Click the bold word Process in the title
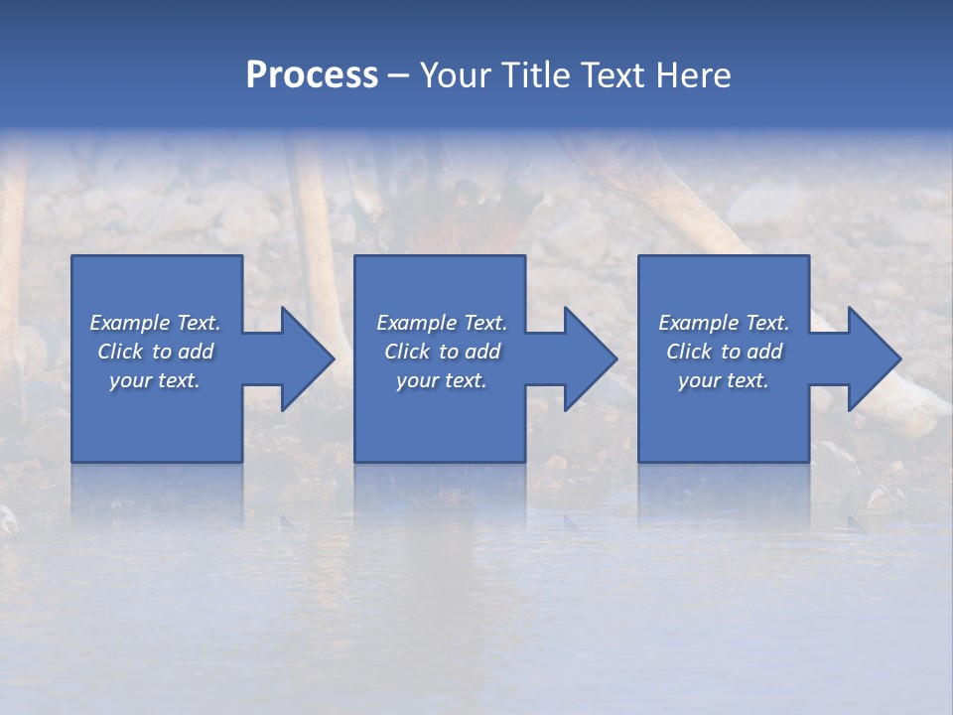(312, 74)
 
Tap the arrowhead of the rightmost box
(873, 358)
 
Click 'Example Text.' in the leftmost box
(155, 323)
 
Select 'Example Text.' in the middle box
(442, 323)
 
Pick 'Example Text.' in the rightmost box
(724, 323)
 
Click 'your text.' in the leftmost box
(155, 380)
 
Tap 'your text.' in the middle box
(442, 380)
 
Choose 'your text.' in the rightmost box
(724, 380)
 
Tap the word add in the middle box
(482, 352)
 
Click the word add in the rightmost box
(764, 352)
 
